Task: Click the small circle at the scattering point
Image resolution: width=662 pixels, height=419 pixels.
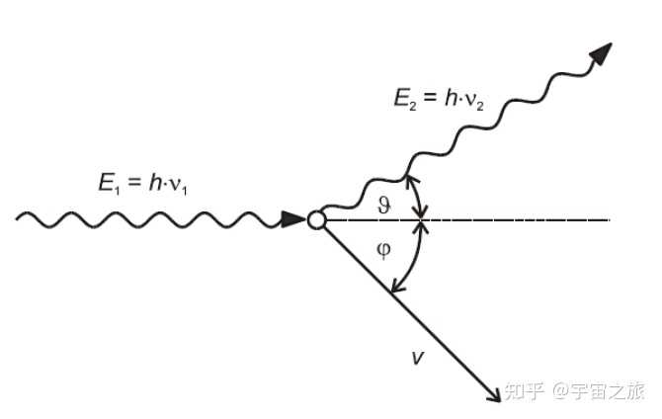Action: coord(316,219)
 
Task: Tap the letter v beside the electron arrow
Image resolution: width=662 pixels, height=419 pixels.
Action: coord(417,357)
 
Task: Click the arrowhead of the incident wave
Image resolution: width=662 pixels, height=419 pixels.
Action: coord(293,219)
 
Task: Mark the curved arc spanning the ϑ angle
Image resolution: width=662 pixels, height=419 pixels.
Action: coord(421,199)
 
